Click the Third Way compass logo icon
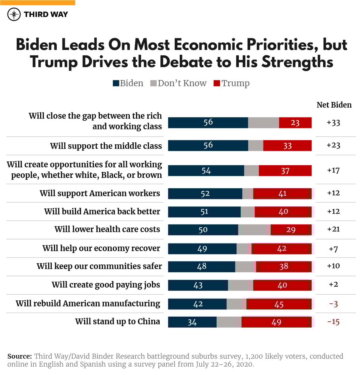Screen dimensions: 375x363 coord(14,14)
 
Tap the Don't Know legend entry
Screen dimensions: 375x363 coord(178,83)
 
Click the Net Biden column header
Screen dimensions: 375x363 coord(334,105)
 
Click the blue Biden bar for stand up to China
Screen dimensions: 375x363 coord(192,322)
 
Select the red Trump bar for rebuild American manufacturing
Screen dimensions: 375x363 coord(279,304)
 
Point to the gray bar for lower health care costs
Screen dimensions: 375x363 coord(252,230)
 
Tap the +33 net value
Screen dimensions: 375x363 coord(334,122)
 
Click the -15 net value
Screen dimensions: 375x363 coord(334,322)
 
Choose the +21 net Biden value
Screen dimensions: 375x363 coord(334,230)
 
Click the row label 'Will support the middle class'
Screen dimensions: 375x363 coord(106,146)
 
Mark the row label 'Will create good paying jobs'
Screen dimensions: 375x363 coord(106,285)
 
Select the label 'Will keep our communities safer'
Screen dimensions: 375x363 coord(99,266)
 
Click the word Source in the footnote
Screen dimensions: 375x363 coord(20,356)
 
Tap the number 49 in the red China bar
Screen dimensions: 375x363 coord(276,322)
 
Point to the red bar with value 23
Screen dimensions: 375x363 coord(295,122)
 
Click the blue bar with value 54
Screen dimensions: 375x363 coord(206,170)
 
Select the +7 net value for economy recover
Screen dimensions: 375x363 coord(334,248)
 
